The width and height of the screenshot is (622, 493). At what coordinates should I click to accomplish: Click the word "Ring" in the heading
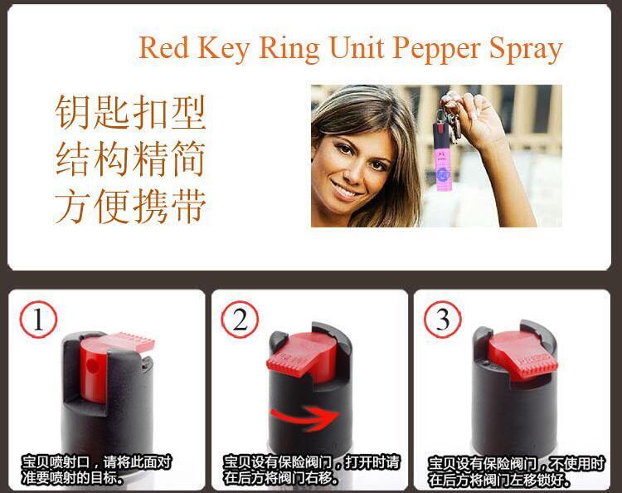tap(287, 49)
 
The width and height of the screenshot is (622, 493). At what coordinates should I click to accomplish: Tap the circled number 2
tap(240, 319)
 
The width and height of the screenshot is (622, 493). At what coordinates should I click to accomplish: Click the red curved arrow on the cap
tap(308, 414)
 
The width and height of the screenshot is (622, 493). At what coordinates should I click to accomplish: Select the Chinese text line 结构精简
tap(130, 159)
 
